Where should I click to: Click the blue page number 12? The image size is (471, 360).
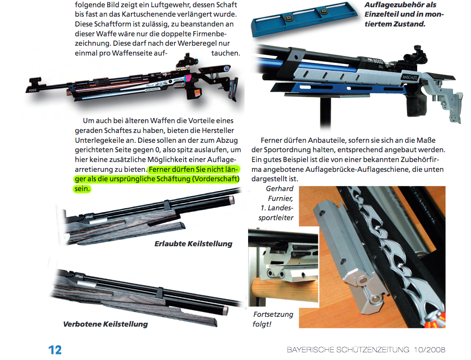pos(55,350)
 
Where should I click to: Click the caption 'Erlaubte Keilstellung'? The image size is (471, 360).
pos(193,244)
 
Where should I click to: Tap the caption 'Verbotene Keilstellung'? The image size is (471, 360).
pos(105,324)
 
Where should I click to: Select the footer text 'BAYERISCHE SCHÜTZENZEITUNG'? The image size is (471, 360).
pos(348,349)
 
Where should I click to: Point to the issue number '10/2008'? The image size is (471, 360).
pos(430,349)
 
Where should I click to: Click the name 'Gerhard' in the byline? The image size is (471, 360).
pos(279,189)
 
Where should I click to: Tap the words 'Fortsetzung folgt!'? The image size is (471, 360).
pos(273,319)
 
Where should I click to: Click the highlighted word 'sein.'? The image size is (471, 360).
pos(82,189)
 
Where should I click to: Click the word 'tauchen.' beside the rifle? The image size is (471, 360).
pos(225,53)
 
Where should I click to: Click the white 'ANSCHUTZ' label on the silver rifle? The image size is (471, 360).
pos(410,77)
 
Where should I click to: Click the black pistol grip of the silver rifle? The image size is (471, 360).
pos(416,105)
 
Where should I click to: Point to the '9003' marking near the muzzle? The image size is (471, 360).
pos(33,90)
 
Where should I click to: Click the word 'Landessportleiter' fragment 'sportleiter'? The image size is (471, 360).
pos(276,218)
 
